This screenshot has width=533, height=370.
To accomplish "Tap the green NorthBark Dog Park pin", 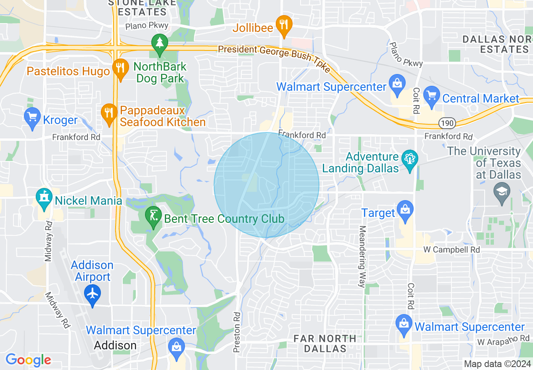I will [159, 44].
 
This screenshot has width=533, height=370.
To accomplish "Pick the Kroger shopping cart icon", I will [32, 118].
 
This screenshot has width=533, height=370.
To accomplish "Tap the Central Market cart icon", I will [431, 96].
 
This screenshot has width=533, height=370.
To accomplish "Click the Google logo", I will [28, 360].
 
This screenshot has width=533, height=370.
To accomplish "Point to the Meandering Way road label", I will [361, 256].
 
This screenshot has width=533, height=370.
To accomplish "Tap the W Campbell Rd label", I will [451, 250].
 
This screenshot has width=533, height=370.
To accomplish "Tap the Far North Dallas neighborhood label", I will [325, 344].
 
